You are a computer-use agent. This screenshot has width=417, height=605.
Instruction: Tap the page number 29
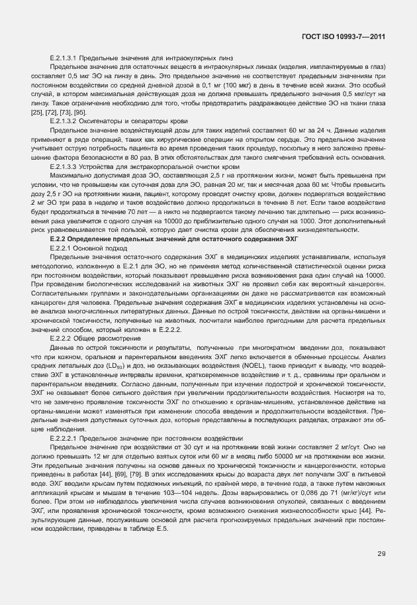381,554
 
